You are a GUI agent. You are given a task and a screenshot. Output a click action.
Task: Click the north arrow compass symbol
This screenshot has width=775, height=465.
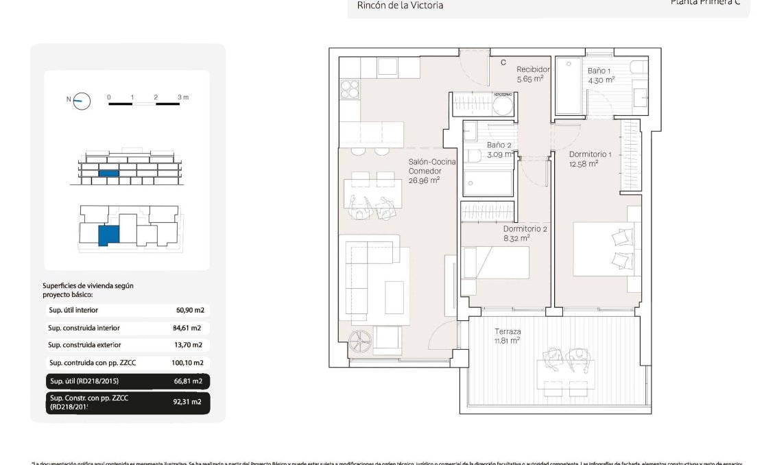[82, 101]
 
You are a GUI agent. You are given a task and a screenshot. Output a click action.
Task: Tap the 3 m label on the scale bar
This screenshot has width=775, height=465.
[182, 97]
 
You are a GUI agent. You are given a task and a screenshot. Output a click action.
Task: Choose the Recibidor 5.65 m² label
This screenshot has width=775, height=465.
[533, 73]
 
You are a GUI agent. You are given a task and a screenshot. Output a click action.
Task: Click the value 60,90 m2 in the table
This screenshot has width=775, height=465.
[189, 310]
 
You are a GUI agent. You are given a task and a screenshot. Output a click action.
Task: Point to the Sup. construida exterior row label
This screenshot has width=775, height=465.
[84, 345]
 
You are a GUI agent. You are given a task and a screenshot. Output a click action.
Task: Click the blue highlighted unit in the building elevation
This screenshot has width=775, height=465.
[108, 173]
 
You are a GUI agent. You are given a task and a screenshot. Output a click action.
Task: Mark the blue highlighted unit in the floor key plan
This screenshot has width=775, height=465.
[108, 235]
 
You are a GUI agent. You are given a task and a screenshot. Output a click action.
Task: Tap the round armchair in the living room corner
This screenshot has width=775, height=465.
[359, 339]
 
